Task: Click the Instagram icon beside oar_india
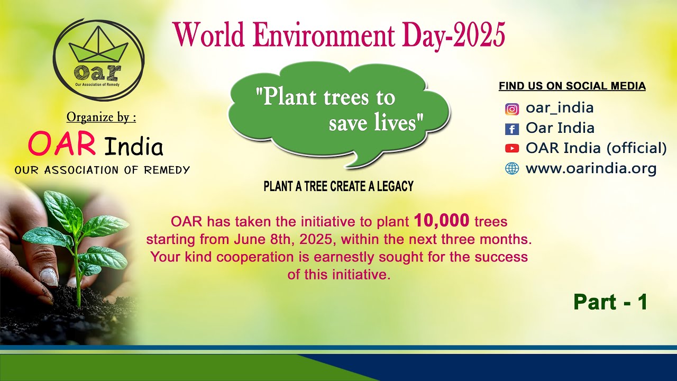(511, 109)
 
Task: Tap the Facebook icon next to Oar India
(511, 129)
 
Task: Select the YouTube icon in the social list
(511, 149)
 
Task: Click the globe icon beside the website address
(511, 169)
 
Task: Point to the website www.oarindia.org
(591, 169)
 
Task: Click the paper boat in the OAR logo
(99, 48)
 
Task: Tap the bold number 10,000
(442, 220)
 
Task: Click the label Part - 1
(610, 302)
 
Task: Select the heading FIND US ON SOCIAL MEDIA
(572, 86)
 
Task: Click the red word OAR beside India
(62, 144)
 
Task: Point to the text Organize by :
(101, 117)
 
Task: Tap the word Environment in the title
(322, 35)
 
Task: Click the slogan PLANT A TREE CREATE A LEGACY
(338, 186)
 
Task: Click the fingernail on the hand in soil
(49, 276)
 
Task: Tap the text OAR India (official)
(596, 148)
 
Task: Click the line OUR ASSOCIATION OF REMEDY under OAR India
(102, 170)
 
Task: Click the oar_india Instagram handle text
(560, 108)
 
